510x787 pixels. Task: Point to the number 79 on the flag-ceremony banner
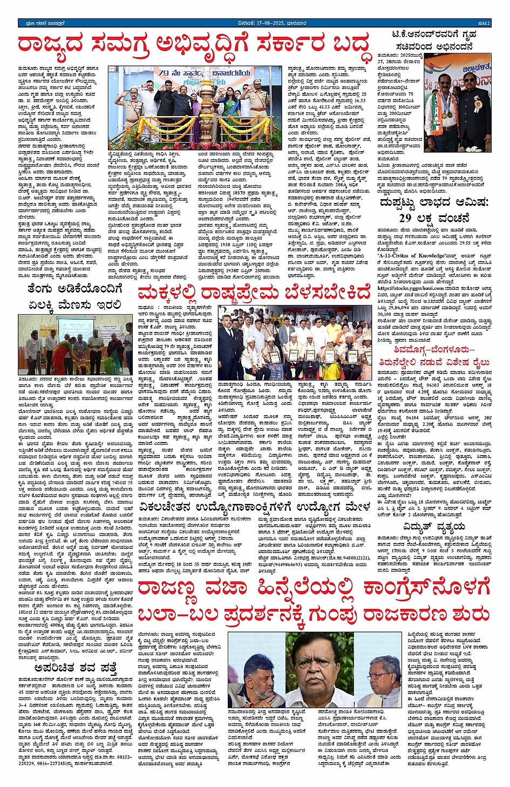164,72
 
